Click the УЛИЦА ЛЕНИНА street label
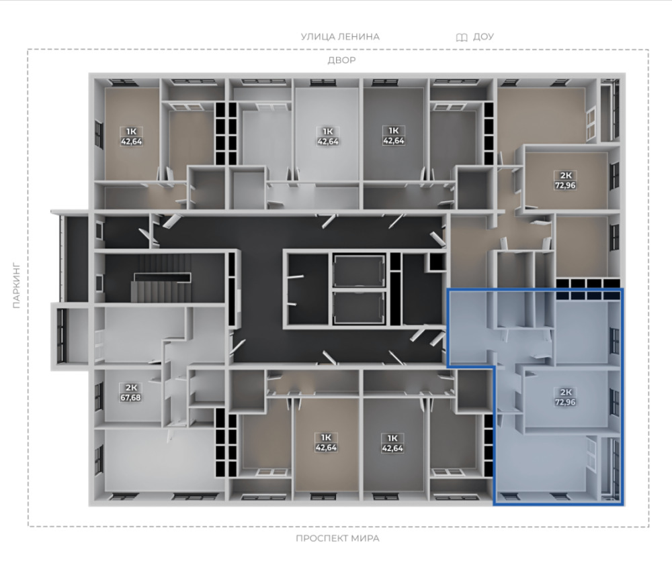pyautogui.click(x=340, y=37)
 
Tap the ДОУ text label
pyautogui.click(x=483, y=37)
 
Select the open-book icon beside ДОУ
pyautogui.click(x=462, y=38)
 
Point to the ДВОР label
pyautogui.click(x=341, y=60)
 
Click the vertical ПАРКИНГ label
pyautogui.click(x=16, y=285)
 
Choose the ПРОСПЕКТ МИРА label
pyautogui.click(x=338, y=538)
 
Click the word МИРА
pyautogui.click(x=365, y=538)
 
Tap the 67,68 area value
pyautogui.click(x=130, y=398)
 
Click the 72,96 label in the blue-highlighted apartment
pyautogui.click(x=565, y=403)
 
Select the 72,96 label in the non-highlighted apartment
pyautogui.click(x=565, y=185)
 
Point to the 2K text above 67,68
pyautogui.click(x=131, y=388)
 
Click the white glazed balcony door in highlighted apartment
pyautogui.click(x=591, y=454)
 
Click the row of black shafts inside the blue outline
pyautogui.click(x=588, y=295)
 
